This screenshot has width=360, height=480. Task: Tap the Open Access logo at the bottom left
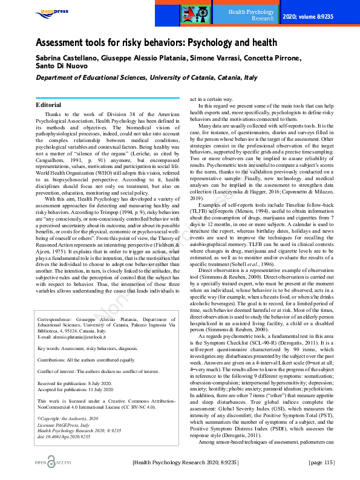46,462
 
